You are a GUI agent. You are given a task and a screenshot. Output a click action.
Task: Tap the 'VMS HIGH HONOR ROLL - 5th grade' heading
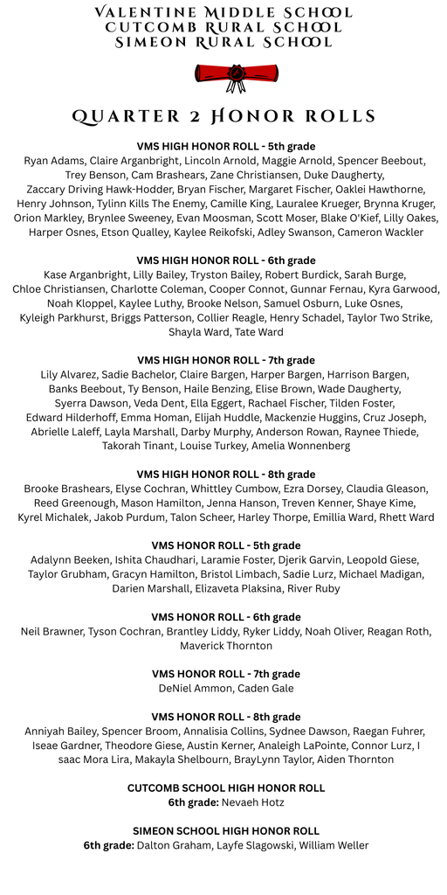(226, 146)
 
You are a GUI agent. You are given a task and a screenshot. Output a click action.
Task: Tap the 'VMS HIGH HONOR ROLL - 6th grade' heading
(226, 260)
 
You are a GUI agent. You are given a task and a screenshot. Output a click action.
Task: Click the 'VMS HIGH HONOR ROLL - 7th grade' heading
(226, 360)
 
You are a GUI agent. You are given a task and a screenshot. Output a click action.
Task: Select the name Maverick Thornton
(226, 646)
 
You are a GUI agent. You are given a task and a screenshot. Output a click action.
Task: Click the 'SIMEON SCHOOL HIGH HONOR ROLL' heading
(226, 830)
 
